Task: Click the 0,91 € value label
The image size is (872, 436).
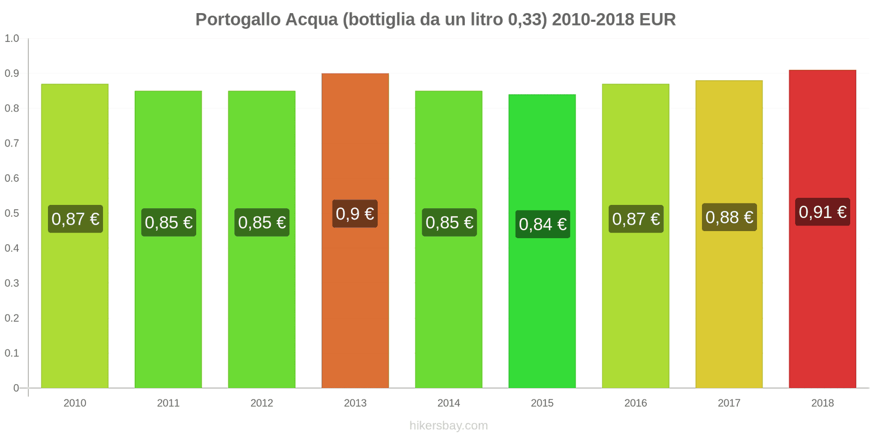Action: (822, 212)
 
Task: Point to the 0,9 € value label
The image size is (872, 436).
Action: (355, 214)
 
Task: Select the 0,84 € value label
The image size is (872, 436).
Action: (542, 224)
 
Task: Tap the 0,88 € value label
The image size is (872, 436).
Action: (729, 217)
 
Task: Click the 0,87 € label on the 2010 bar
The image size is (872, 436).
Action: (75, 219)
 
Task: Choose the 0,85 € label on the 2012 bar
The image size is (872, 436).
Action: (262, 222)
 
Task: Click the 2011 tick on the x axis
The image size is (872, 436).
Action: (168, 403)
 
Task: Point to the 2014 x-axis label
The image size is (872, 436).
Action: (449, 403)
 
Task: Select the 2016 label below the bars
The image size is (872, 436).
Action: (635, 403)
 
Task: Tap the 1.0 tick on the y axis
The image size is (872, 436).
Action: (12, 39)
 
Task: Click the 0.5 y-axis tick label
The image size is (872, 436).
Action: (12, 213)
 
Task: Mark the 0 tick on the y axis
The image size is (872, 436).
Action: (16, 388)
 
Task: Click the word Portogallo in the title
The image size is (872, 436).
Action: (238, 20)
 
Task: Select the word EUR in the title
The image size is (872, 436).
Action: (657, 20)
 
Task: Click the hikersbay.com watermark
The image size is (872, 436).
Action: (449, 426)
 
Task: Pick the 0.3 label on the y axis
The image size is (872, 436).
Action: (12, 283)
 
